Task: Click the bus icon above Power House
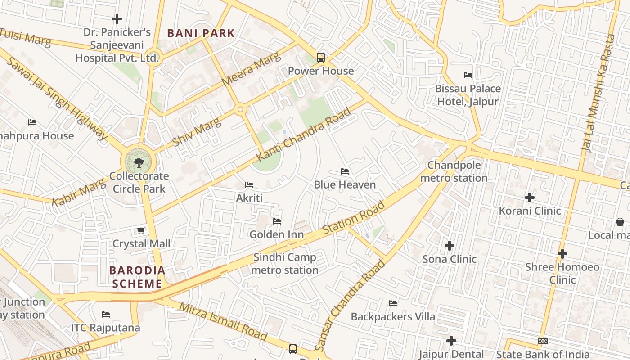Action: click(x=320, y=58)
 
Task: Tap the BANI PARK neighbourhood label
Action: click(x=201, y=33)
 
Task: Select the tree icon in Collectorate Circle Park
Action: click(x=139, y=162)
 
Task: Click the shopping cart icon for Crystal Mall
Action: click(x=141, y=231)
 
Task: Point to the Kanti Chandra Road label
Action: click(x=303, y=135)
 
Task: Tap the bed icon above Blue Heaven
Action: click(x=345, y=171)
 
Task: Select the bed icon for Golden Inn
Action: click(x=277, y=221)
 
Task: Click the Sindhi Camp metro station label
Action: click(x=284, y=264)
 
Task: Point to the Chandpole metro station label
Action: click(x=454, y=171)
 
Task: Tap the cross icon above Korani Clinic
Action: click(x=530, y=197)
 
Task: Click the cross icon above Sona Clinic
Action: click(x=449, y=246)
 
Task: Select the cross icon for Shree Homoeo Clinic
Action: click(x=562, y=254)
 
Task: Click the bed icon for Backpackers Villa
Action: click(x=393, y=303)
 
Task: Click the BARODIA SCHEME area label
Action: click(x=138, y=277)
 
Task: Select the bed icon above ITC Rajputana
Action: click(x=106, y=314)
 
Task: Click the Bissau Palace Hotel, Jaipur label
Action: click(x=468, y=95)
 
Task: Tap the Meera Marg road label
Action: click(x=251, y=69)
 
